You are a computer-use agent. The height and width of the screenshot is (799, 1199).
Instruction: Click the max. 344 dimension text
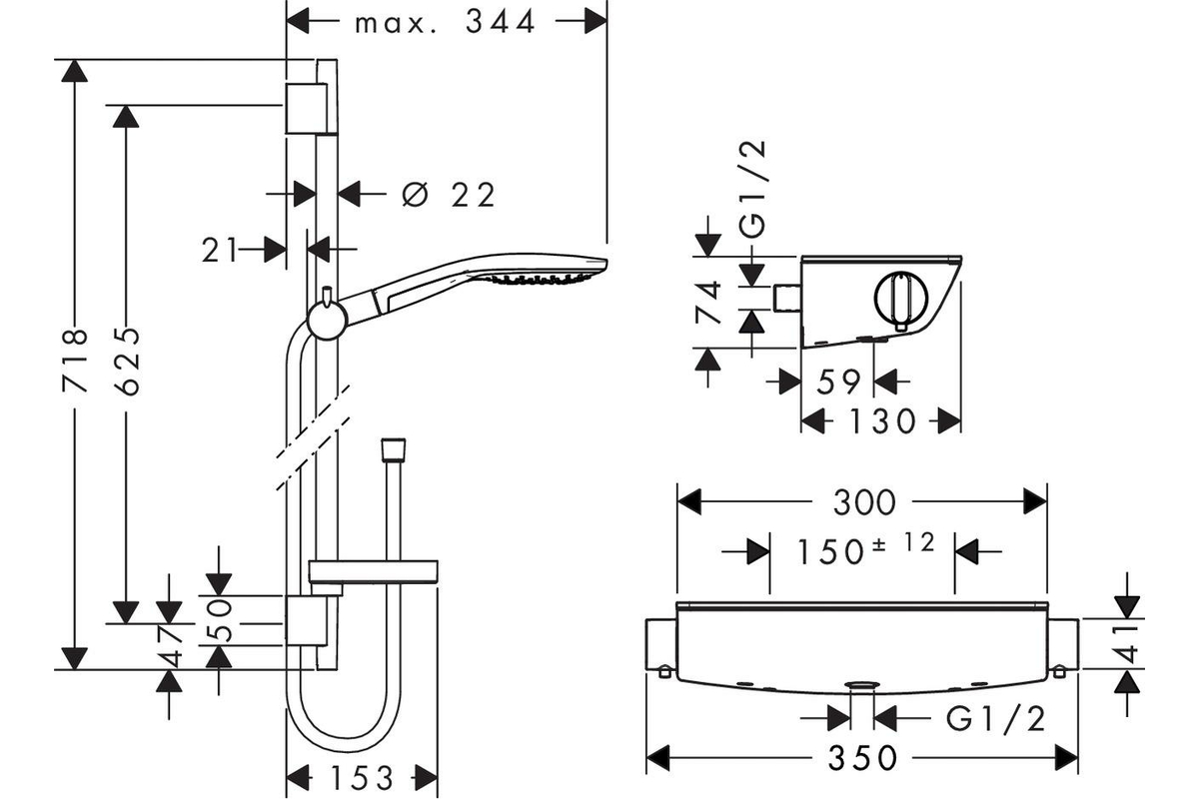pos(445,23)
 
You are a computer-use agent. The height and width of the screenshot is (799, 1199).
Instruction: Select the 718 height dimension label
pos(75,361)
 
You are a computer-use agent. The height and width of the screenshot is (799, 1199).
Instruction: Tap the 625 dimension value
pos(129,362)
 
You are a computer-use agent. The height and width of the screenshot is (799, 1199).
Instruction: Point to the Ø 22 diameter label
pos(449,195)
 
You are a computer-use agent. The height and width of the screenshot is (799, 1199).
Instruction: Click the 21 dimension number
pos(220,250)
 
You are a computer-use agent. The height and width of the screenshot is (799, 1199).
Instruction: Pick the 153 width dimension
pos(363,778)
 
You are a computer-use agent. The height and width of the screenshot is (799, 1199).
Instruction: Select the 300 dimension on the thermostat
pos(864,502)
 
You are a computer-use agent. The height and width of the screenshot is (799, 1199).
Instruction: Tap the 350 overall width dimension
pos(863,758)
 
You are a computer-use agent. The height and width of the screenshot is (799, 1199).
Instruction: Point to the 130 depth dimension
pos(882,421)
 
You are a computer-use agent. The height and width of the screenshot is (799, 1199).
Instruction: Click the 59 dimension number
pos(838,382)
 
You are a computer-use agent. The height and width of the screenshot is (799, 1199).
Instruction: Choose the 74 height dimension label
pos(708,303)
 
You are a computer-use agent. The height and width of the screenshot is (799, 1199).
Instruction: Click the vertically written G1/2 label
pos(752,189)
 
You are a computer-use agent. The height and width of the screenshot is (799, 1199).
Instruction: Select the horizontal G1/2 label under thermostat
pos(995,719)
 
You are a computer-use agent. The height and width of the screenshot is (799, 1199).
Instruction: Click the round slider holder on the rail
pos(328,320)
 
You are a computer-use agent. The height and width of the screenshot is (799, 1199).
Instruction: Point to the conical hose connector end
pos(393,450)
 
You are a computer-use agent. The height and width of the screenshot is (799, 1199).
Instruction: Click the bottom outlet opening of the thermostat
pos(861,685)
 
